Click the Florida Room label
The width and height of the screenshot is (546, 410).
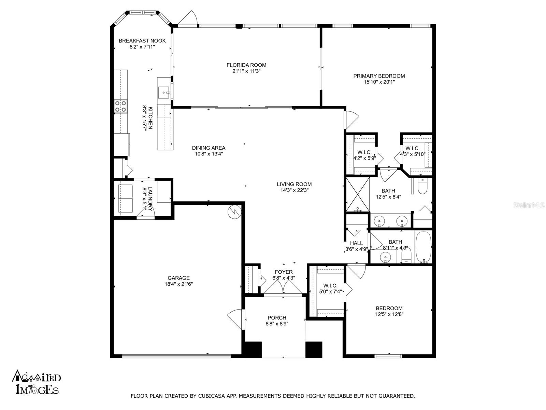[x=246, y=65]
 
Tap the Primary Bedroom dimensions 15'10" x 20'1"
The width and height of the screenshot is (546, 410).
[x=379, y=82]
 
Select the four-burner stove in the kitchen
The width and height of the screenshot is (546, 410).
[x=121, y=106]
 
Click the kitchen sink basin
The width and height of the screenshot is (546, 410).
[x=164, y=93]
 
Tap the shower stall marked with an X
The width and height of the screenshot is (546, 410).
[x=358, y=195]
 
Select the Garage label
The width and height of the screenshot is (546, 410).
[x=178, y=278]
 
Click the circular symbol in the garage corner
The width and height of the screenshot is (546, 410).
[x=234, y=212]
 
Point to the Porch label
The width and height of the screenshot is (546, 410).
[x=277, y=318]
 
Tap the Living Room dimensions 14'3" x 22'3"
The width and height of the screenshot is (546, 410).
[x=294, y=190]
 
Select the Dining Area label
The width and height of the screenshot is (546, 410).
[x=209, y=148]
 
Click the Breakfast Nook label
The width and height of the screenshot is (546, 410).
[x=142, y=41]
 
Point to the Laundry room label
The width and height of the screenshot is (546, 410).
[x=150, y=199]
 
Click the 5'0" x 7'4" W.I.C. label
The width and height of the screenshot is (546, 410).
[x=330, y=288]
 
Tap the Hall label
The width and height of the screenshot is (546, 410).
[x=357, y=243]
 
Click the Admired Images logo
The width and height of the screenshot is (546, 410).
[x=36, y=382]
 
